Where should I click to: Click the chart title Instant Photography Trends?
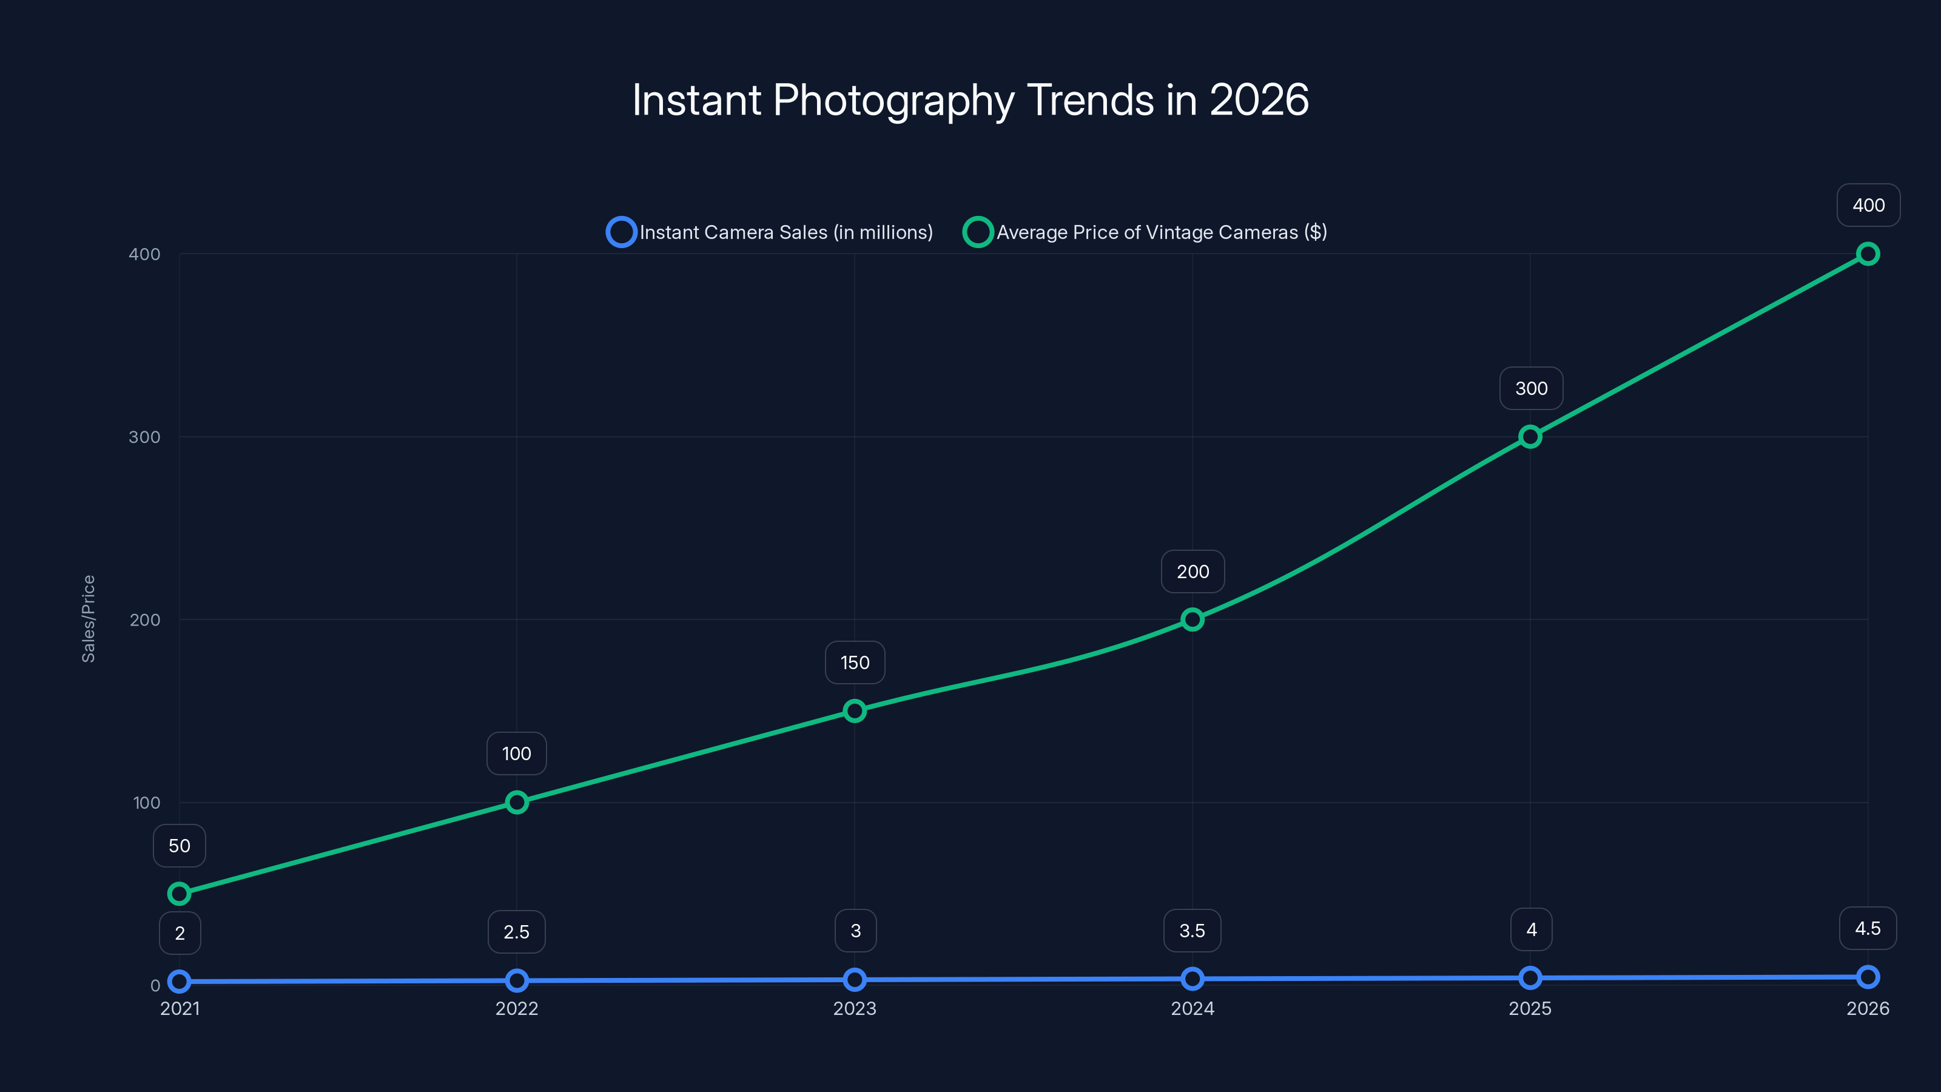pyautogui.click(x=970, y=100)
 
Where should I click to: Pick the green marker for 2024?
pyautogui.click(x=1192, y=619)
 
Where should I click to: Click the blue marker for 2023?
pyautogui.click(x=855, y=980)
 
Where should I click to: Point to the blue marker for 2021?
pyautogui.click(x=180, y=981)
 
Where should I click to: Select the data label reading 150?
pyautogui.click(x=855, y=662)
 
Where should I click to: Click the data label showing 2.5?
pyautogui.click(x=516, y=932)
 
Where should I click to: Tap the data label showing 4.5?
pyautogui.click(x=1867, y=928)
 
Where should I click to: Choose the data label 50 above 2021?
pyautogui.click(x=180, y=846)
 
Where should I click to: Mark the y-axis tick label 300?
pyautogui.click(x=145, y=437)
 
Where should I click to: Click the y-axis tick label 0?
pyautogui.click(x=155, y=986)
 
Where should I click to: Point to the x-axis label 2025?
pyautogui.click(x=1530, y=1008)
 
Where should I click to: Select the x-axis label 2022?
pyautogui.click(x=516, y=1008)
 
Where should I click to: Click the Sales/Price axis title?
pyautogui.click(x=88, y=619)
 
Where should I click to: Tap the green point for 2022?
pyautogui.click(x=516, y=803)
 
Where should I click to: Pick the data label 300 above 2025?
pyautogui.click(x=1531, y=388)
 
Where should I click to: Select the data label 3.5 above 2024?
pyautogui.click(x=1192, y=931)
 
